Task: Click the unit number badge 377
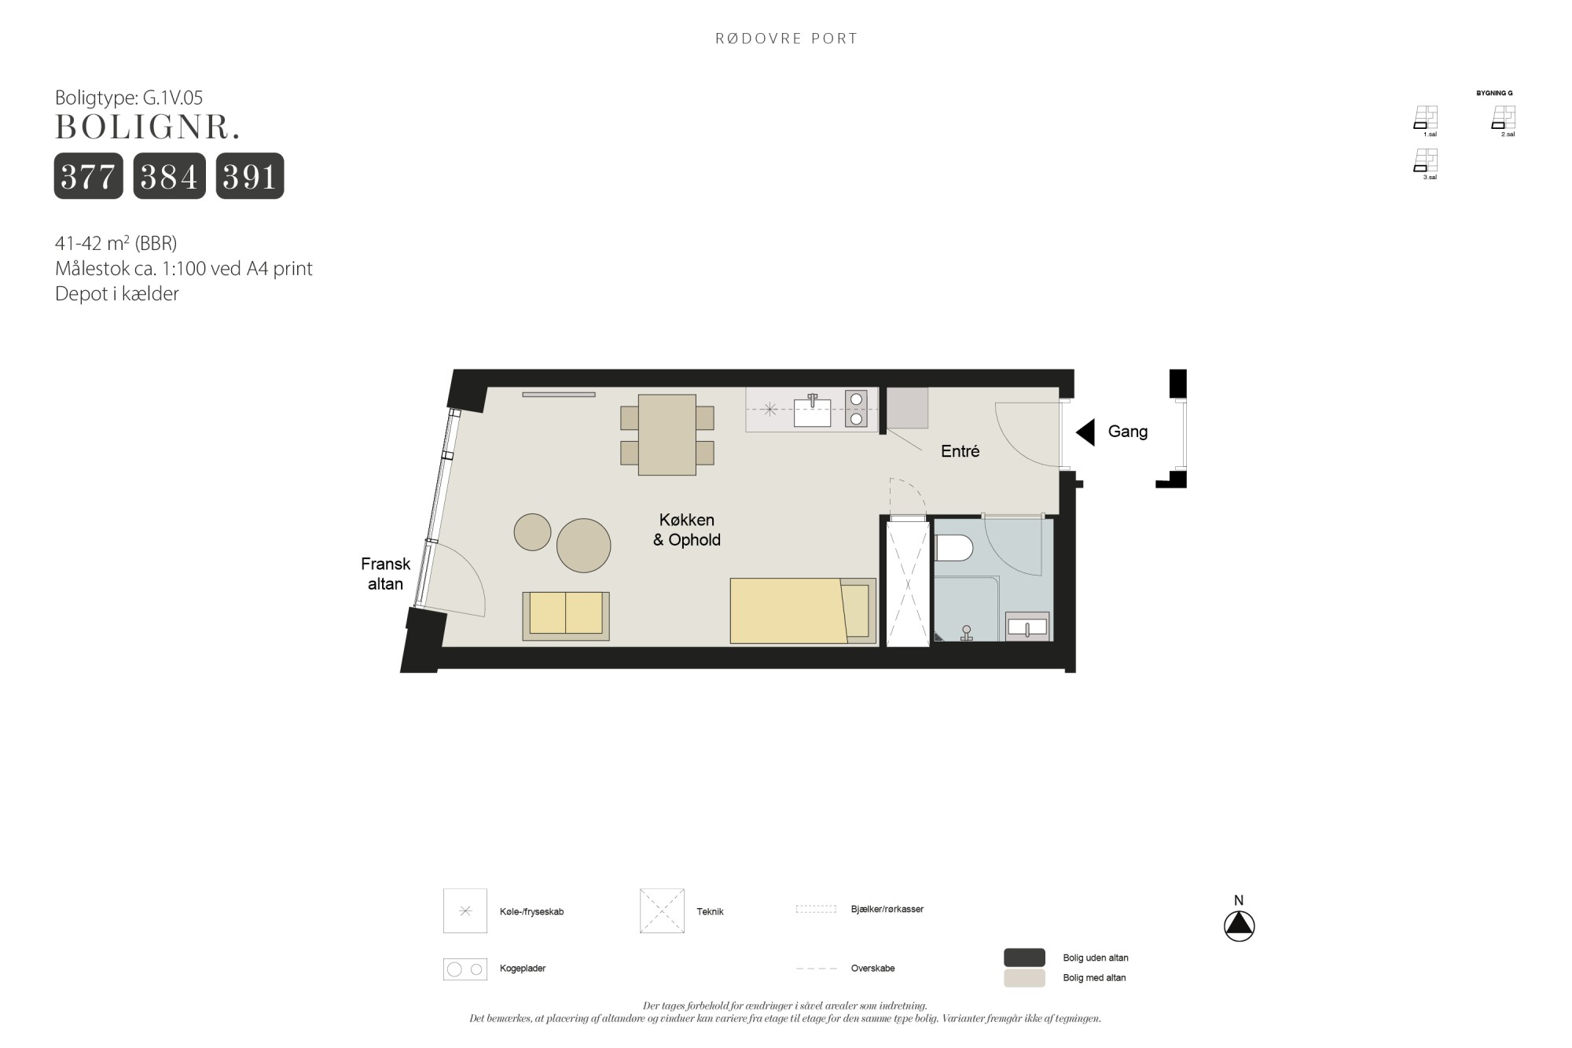89,176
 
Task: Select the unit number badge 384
170,176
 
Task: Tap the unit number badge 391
250,176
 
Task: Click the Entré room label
960,451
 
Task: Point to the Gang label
1128,432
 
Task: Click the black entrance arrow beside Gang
1085,432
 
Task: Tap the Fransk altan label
385,574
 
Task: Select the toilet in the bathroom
954,548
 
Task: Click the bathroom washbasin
1027,627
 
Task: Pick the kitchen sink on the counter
812,411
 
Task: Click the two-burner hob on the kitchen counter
856,409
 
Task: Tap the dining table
667,435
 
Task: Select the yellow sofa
566,616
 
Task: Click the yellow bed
803,611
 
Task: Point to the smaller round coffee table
532,532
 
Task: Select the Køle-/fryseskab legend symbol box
465,911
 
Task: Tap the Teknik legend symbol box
662,911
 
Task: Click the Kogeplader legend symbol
465,969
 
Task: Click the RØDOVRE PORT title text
786,39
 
